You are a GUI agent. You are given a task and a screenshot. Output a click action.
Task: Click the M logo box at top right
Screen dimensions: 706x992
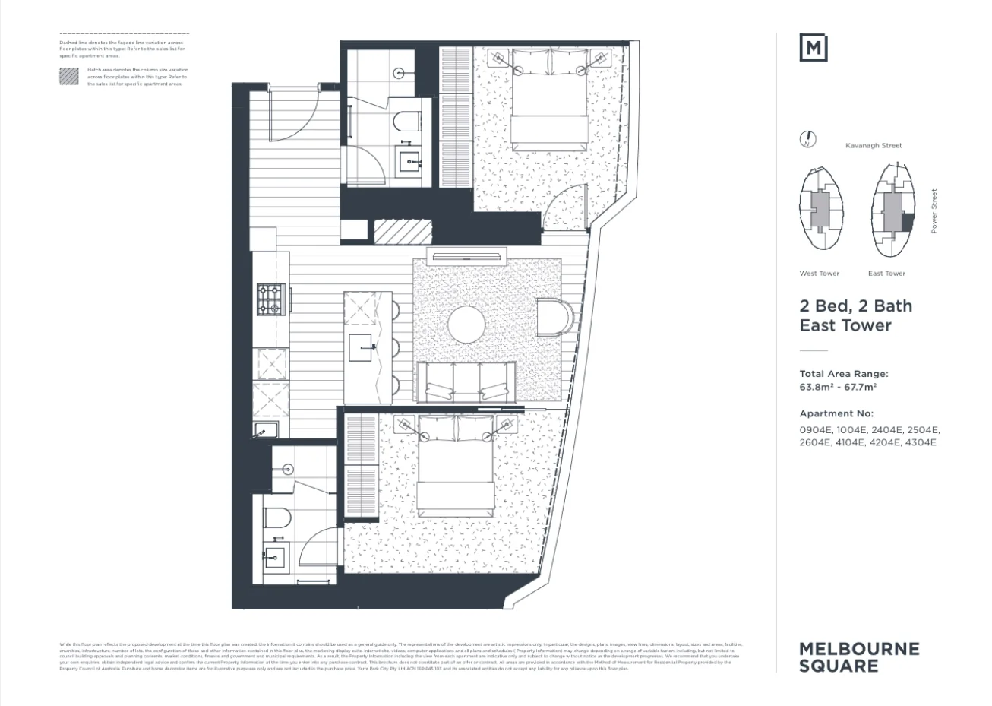tap(814, 48)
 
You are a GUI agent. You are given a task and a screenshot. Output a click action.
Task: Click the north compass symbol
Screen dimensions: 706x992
tap(808, 139)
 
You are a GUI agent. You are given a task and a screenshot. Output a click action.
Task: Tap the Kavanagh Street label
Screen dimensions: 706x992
tap(874, 145)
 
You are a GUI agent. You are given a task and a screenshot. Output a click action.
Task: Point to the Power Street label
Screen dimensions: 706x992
tap(934, 211)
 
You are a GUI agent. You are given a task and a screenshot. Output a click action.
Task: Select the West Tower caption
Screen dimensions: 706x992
tap(819, 274)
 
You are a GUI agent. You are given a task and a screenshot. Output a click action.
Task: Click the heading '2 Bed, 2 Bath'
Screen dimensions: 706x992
tap(856, 306)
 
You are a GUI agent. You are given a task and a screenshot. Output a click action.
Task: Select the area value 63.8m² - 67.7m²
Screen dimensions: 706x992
tap(838, 387)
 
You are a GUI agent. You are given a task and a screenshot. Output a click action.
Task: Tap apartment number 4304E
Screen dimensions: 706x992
tap(921, 442)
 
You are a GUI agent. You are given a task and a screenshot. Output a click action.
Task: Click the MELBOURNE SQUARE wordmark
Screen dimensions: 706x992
tap(859, 657)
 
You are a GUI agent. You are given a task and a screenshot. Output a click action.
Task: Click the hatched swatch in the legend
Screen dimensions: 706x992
tap(69, 76)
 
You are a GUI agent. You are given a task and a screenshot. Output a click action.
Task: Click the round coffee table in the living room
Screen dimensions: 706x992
tap(466, 325)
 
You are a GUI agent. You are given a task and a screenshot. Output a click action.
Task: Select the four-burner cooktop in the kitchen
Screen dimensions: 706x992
tap(270, 299)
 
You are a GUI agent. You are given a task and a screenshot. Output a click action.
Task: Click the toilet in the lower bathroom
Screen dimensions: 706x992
tap(277, 518)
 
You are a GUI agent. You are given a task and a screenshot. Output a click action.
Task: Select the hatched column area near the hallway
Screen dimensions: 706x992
tap(403, 230)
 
